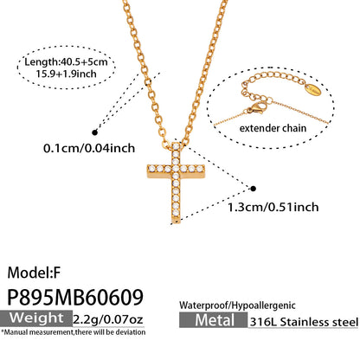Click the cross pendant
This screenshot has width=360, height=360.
pyautogui.click(x=176, y=183)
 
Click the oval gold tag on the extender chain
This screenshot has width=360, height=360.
pyautogui.click(x=313, y=90)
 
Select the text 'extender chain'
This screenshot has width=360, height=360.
pyautogui.click(x=273, y=128)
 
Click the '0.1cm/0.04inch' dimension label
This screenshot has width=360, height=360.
pyautogui.click(x=89, y=148)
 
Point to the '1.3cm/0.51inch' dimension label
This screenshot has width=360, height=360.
pyautogui.click(x=273, y=207)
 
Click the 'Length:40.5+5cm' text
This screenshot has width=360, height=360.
pyautogui.click(x=66, y=61)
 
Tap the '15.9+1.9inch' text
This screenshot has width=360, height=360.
pyautogui.click(x=66, y=74)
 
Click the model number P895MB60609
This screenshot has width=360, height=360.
pyautogui.click(x=75, y=297)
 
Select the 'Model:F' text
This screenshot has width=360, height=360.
pyautogui.click(x=34, y=273)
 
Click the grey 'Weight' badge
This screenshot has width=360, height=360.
pyautogui.click(x=36, y=318)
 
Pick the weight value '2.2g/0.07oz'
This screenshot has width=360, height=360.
pyautogui.click(x=108, y=319)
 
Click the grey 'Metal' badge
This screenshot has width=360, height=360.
pyautogui.click(x=214, y=320)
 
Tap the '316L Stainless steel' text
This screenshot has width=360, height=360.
pyautogui.click(x=304, y=322)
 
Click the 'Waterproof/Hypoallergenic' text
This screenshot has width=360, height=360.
pyautogui.click(x=237, y=305)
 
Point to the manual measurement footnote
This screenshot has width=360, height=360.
pyautogui.click(x=74, y=332)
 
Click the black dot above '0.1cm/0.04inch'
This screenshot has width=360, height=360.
pyautogui.click(x=94, y=132)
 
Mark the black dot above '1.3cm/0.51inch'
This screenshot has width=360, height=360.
pyautogui.click(x=253, y=189)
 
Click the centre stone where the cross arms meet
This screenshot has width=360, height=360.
pyautogui.click(x=176, y=169)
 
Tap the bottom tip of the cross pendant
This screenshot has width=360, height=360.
pyautogui.click(x=176, y=223)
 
